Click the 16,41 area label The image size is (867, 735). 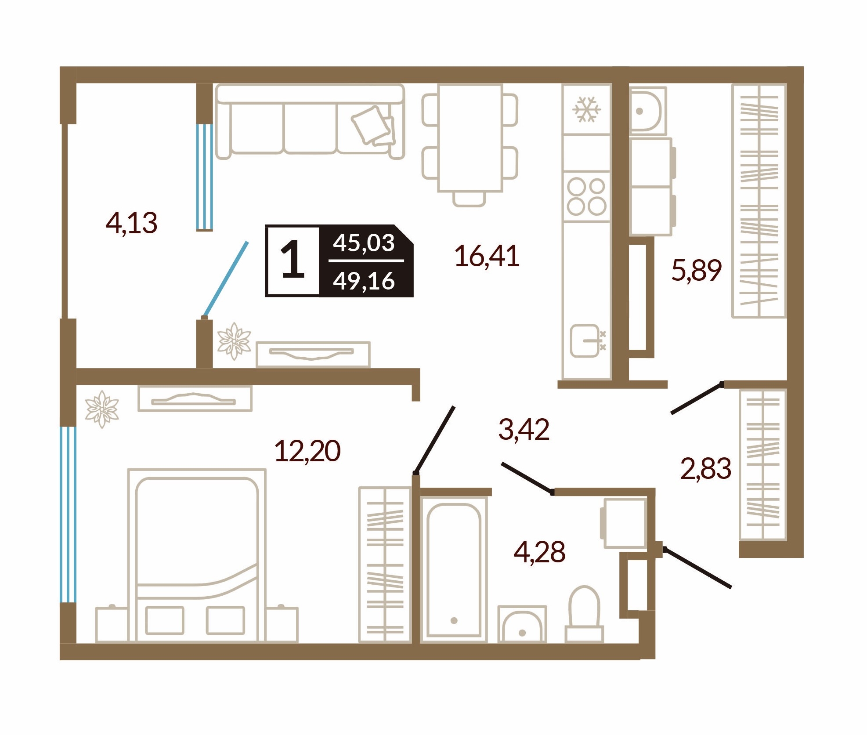487,256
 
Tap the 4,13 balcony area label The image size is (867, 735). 131,223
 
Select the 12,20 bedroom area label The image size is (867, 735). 307,451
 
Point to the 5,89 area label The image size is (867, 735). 696,270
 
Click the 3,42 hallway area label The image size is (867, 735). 524,429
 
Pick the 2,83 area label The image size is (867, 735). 705,468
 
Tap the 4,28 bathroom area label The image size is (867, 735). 539,552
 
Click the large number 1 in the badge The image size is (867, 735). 293,260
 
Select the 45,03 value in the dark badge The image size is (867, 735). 364,243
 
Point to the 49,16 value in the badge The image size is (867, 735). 364,281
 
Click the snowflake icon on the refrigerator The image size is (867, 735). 586,109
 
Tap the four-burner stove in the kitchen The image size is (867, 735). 586,196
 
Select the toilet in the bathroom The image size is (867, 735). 584,613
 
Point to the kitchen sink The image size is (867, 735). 586,341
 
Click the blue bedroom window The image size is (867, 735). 68,514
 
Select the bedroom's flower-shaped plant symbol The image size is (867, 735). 102,409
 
